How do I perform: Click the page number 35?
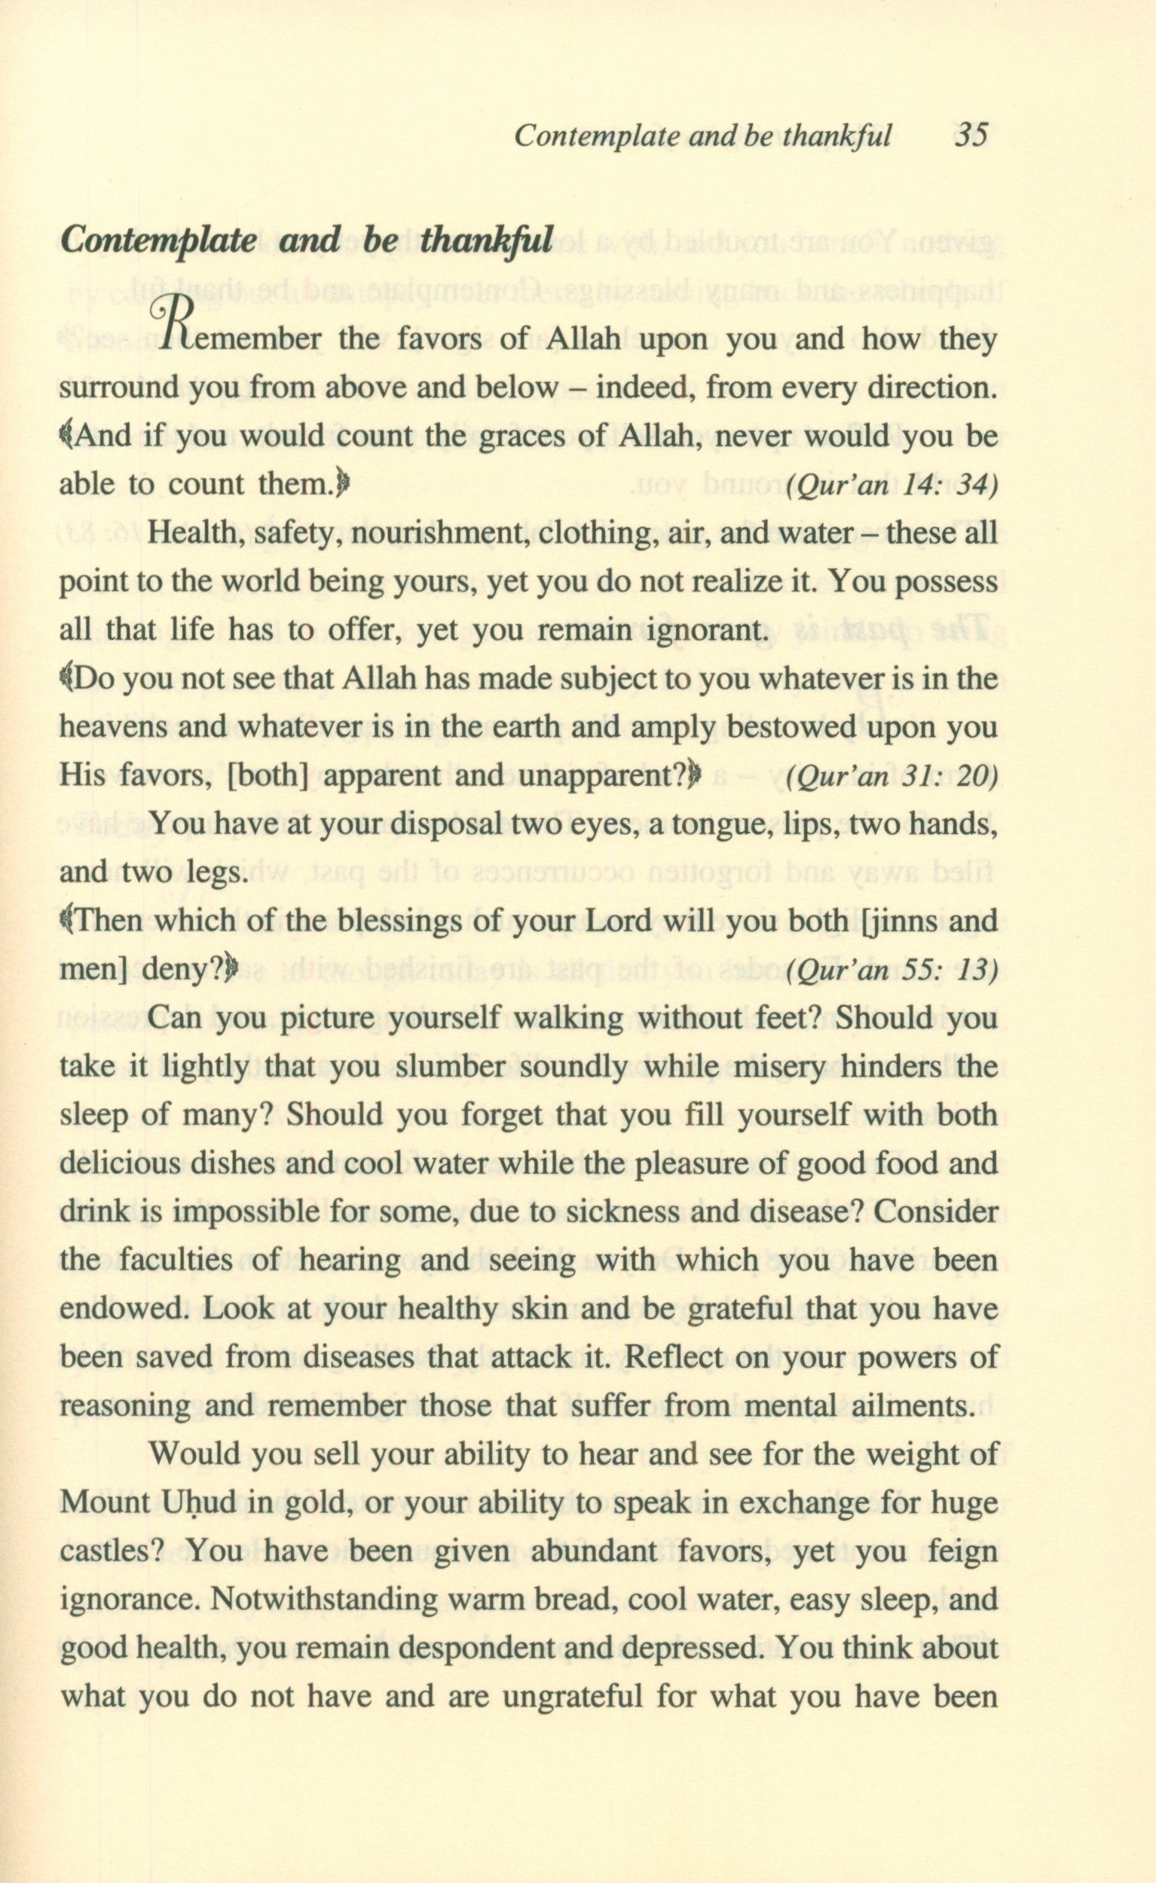click(x=971, y=136)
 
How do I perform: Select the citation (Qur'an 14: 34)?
click(x=891, y=487)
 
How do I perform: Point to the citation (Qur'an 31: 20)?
click(x=891, y=778)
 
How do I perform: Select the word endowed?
click(x=121, y=1310)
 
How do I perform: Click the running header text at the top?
click(x=702, y=136)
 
